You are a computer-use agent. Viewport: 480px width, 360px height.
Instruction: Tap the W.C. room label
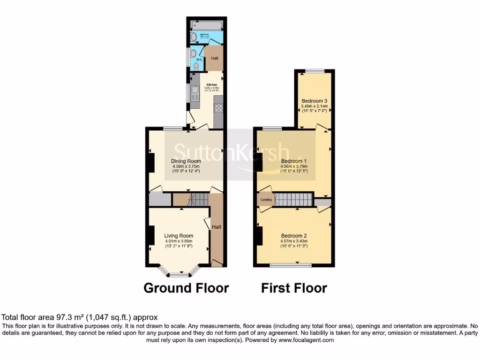click(x=199, y=60)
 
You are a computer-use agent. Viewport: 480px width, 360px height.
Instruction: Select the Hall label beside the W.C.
click(x=215, y=58)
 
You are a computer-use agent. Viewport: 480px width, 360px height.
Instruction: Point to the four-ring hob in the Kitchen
click(x=218, y=109)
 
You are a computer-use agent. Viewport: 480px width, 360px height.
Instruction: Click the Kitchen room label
click(x=211, y=85)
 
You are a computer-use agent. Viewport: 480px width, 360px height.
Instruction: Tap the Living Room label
click(x=179, y=236)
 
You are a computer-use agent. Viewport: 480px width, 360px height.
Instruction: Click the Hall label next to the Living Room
click(x=217, y=227)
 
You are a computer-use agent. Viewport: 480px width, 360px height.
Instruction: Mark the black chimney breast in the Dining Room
click(x=151, y=162)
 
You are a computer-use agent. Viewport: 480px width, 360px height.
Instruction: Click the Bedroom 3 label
click(x=314, y=101)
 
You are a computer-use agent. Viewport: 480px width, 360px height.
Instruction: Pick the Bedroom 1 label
click(x=294, y=161)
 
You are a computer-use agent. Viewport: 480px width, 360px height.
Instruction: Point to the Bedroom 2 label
click(x=294, y=236)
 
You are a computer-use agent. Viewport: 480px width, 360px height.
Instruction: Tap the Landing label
click(x=266, y=200)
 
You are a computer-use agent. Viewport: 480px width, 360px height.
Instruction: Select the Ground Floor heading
click(x=186, y=288)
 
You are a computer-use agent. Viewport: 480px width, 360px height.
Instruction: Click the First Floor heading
click(x=294, y=288)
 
